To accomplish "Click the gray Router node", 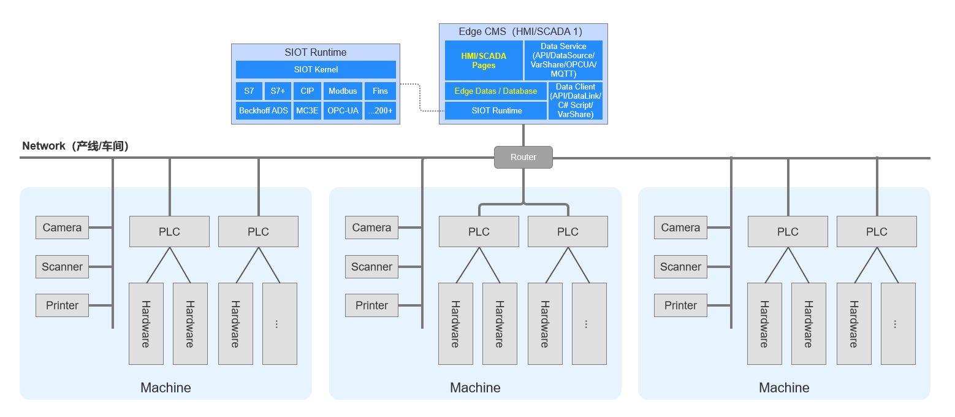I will pyautogui.click(x=523, y=157).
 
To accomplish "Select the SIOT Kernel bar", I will pyautogui.click(x=316, y=69).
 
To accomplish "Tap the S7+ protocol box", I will pyautogui.click(x=278, y=91).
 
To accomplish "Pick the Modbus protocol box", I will pyautogui.click(x=343, y=91).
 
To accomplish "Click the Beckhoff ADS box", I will pyautogui.click(x=264, y=110).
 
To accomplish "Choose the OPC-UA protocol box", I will pyautogui.click(x=343, y=110).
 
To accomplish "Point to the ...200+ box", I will pyautogui.click(x=380, y=110).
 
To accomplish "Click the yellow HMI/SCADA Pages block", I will pyautogui.click(x=484, y=60).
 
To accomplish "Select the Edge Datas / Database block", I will pyautogui.click(x=495, y=91).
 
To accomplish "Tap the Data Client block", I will pyautogui.click(x=576, y=101).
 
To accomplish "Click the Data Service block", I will pyautogui.click(x=563, y=60).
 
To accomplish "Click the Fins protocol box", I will pyautogui.click(x=380, y=91).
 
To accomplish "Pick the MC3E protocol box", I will pyautogui.click(x=307, y=110).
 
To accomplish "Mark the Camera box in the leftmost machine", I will pyautogui.click(x=62, y=228).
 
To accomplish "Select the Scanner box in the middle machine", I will pyautogui.click(x=371, y=267).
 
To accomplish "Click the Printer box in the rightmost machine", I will pyautogui.click(x=680, y=305).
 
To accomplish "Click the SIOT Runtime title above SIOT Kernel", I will pyautogui.click(x=316, y=52).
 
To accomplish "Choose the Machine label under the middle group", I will pyautogui.click(x=475, y=388).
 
